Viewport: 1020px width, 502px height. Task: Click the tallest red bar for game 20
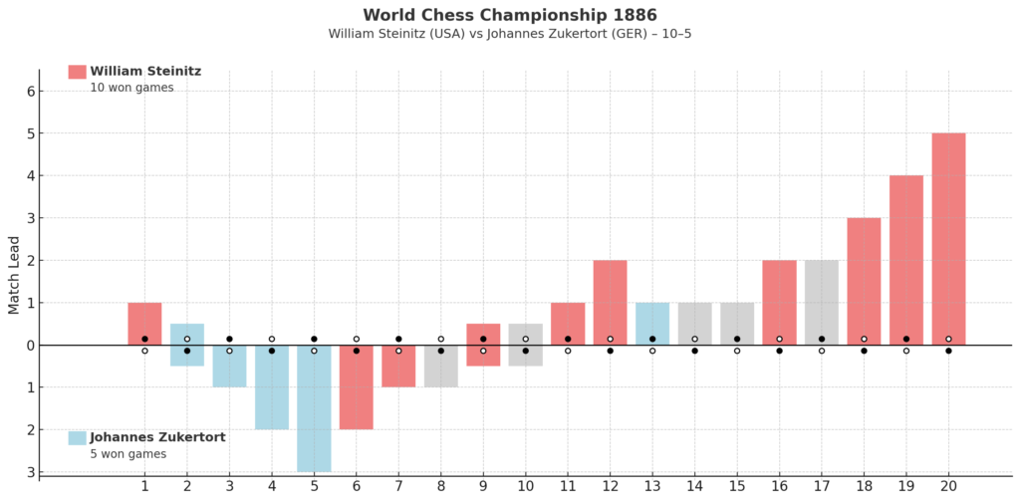[x=948, y=239]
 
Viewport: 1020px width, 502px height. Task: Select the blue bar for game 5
[x=314, y=408]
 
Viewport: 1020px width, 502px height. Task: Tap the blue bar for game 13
[x=652, y=324]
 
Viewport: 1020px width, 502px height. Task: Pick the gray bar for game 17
[x=822, y=303]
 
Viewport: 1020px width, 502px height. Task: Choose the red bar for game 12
[x=611, y=303]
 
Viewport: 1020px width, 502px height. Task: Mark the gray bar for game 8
[x=441, y=367]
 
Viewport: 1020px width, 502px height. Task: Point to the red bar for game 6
[x=357, y=386]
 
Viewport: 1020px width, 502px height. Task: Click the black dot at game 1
[x=145, y=339]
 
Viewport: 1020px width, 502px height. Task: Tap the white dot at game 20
[x=948, y=339]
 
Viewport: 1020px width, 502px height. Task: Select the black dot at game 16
[x=779, y=351]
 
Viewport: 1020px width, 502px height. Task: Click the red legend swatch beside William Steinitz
[x=77, y=72]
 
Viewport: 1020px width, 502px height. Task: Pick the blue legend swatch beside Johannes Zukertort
[x=77, y=437]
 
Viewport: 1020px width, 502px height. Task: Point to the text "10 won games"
[x=132, y=88]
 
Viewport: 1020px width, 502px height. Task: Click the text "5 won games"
[x=128, y=454]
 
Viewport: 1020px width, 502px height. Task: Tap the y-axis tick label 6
[x=30, y=91]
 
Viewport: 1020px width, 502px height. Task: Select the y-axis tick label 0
[x=30, y=346]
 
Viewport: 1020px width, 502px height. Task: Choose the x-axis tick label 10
[x=526, y=486]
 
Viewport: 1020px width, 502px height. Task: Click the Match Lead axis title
[x=15, y=275]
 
